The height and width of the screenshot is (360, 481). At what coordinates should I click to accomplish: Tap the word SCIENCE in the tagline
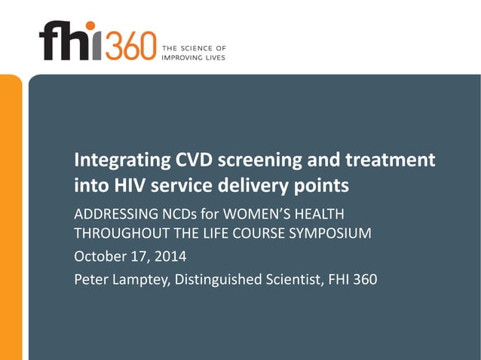(194, 48)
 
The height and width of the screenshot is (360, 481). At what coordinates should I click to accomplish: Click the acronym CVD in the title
(198, 160)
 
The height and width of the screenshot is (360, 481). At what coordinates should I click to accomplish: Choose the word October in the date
(98, 256)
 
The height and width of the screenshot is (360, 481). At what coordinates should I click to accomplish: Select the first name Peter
(91, 280)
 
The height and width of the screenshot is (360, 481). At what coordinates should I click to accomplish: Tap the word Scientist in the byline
(299, 280)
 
